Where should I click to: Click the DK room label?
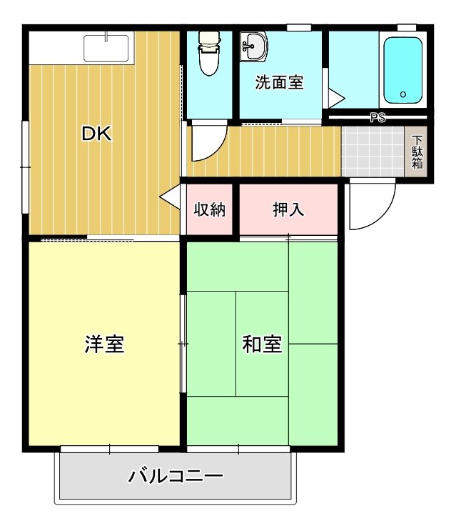96,134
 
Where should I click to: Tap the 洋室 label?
105,344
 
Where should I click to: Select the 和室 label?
262,344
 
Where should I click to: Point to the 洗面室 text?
280,83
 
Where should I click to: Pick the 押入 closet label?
288,209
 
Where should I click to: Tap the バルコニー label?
176,475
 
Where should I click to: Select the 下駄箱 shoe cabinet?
417,152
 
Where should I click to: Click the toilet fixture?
209,53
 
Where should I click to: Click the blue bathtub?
405,71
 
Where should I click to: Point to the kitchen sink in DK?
106,48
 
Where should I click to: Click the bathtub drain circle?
402,94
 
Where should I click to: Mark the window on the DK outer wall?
25,167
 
